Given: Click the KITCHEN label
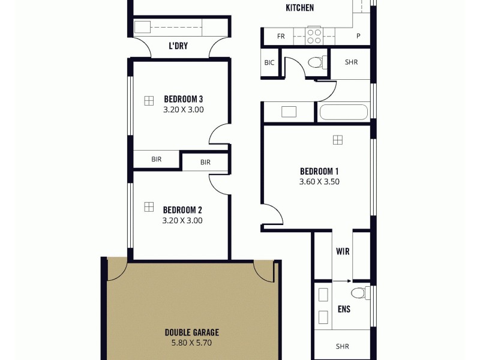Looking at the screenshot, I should coord(299,8).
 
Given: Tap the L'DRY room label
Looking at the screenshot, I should coord(178,46).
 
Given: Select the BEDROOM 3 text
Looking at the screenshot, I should coord(184,99).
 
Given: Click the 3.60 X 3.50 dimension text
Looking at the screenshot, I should coord(319,181).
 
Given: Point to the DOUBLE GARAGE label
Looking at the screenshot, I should coord(192,332).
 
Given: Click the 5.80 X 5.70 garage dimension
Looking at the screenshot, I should coord(192,343).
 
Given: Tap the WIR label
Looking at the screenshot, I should coord(343,251).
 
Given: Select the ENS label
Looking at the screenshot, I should coord(344,310).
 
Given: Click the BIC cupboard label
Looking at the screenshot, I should coord(269,62).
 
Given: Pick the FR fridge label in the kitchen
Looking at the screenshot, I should coord(281,36).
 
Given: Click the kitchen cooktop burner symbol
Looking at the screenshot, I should coord(314,36).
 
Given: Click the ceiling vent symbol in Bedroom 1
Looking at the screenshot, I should coord(338,140).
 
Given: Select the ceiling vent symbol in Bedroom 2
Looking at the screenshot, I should coord(148,207).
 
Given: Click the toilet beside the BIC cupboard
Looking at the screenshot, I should coord(316,62).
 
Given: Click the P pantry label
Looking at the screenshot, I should coord(358,36).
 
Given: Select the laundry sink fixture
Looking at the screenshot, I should coord(143,27).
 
